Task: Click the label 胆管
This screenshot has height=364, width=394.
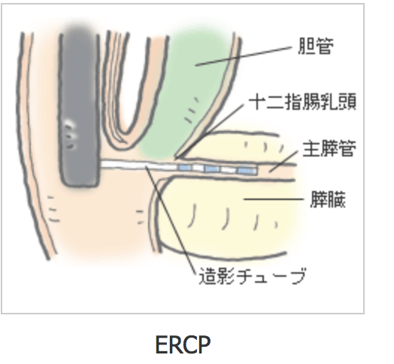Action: (316, 46)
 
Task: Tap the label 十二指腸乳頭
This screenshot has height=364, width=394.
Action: (302, 102)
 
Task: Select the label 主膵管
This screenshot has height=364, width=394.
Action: (329, 149)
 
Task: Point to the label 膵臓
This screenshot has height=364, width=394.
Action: (328, 199)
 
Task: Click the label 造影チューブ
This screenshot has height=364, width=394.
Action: (253, 276)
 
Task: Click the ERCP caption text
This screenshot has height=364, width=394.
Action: (183, 344)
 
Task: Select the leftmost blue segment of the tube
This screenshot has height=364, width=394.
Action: (185, 168)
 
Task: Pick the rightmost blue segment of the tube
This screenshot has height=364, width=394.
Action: (247, 171)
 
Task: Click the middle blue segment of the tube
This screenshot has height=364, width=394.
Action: (212, 169)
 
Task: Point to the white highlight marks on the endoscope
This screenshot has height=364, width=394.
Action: (70, 134)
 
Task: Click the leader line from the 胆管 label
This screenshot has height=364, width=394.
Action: (243, 56)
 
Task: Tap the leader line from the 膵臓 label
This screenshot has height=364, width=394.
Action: (274, 199)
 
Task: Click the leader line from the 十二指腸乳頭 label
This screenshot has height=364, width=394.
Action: (210, 131)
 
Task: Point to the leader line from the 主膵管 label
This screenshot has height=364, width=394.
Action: (283, 162)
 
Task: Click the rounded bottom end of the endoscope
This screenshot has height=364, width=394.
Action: (80, 184)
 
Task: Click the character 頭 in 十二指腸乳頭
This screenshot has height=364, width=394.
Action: (347, 102)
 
